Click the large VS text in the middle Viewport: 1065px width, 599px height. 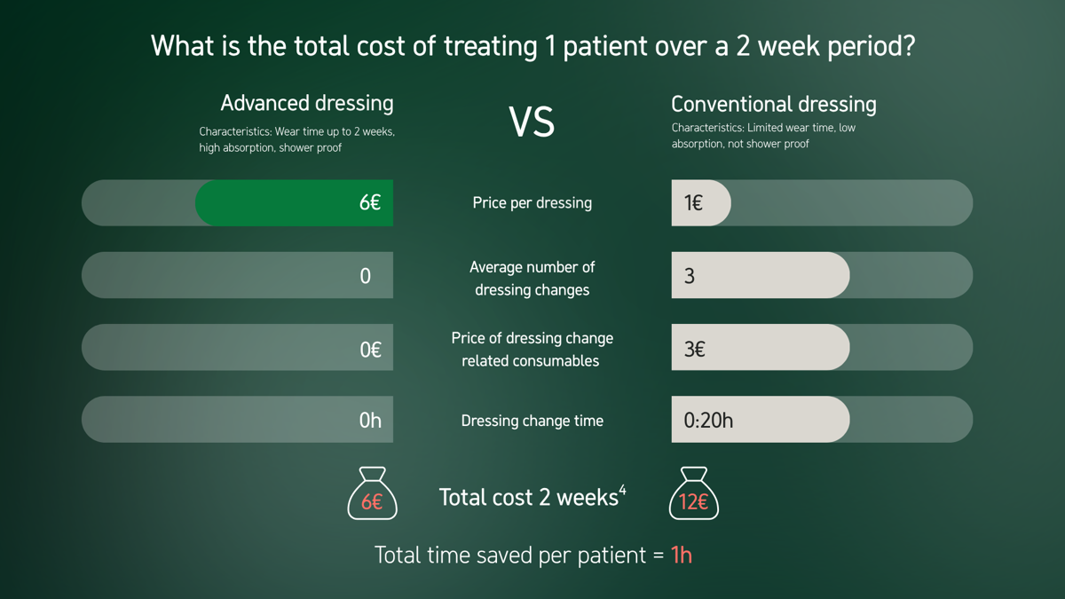tap(532, 122)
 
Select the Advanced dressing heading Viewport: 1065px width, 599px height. tap(306, 103)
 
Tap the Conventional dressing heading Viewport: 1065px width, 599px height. tap(773, 104)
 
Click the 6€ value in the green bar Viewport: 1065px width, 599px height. tap(370, 202)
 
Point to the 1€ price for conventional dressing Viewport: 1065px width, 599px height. tap(693, 203)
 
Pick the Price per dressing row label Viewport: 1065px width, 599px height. tap(532, 203)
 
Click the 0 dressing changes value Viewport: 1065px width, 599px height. tap(365, 276)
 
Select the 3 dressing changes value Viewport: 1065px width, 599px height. tap(690, 276)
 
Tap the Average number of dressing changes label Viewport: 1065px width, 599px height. tap(532, 278)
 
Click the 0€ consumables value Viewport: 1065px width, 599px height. tap(370, 350)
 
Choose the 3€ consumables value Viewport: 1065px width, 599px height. tap(694, 350)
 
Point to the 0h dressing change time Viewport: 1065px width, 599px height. tap(370, 421)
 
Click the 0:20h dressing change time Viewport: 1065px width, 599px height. tap(708, 421)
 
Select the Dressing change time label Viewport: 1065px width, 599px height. tap(532, 421)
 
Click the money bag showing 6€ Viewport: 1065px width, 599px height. tap(372, 494)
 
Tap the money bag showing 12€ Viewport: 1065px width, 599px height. tap(693, 494)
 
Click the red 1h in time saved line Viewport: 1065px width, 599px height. tap(681, 556)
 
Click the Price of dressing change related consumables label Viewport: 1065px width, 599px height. tap(532, 350)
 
